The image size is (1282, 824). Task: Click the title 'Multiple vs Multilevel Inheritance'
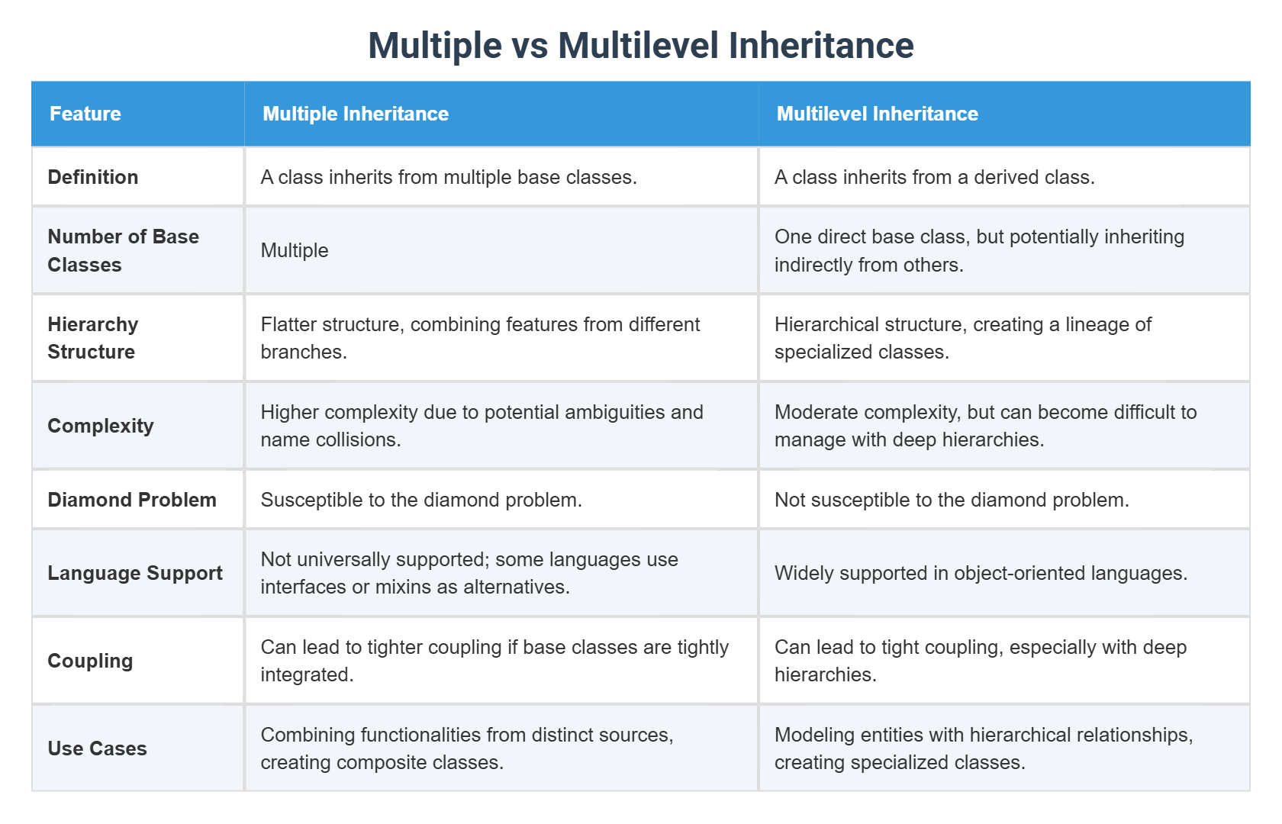tap(641, 45)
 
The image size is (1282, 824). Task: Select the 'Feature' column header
tap(85, 114)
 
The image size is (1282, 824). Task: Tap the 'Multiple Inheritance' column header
tap(356, 114)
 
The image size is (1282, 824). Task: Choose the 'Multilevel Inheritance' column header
tap(877, 114)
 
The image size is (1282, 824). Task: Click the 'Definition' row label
tap(93, 177)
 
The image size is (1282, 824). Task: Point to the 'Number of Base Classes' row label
tap(123, 250)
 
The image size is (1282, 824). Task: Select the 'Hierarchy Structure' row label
tap(92, 338)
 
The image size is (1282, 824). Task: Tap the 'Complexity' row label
tap(101, 426)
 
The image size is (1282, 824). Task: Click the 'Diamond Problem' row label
tap(132, 500)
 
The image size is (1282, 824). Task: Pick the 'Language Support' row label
tap(135, 573)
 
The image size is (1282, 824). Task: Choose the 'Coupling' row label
tap(90, 661)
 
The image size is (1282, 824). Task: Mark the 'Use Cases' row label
tap(97, 748)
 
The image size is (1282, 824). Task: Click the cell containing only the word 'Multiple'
tap(295, 250)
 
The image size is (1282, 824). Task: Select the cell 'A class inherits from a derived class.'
tap(934, 177)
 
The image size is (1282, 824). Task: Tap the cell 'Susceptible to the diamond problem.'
tap(421, 500)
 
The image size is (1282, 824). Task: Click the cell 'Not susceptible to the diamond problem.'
tap(952, 500)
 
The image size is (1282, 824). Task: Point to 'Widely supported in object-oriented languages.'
tap(981, 573)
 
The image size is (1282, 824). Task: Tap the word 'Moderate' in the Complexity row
tap(814, 412)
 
